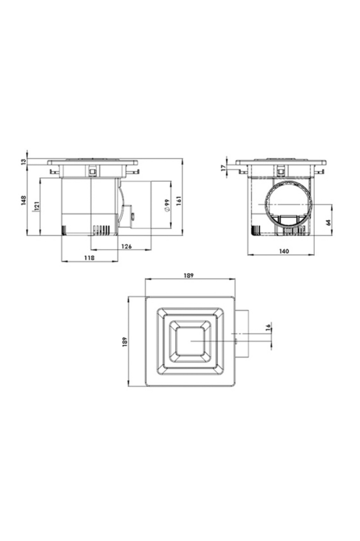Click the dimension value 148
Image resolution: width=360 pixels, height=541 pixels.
point(23,200)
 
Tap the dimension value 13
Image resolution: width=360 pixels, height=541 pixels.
point(23,161)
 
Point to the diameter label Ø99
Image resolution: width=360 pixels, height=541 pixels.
point(167,205)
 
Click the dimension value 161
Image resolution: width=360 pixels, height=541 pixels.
point(178,201)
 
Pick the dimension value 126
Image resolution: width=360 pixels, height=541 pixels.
point(126,246)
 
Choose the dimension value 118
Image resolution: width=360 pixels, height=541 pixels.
point(89,258)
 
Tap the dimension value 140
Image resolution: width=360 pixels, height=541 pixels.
point(284,251)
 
